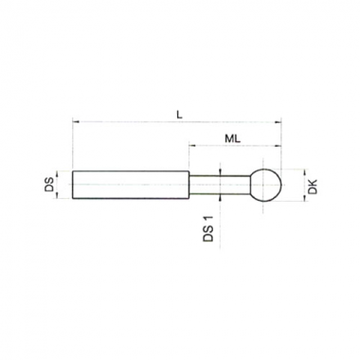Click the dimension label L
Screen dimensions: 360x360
click(x=179, y=115)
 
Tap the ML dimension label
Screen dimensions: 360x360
click(x=233, y=138)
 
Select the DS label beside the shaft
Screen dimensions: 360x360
click(x=49, y=185)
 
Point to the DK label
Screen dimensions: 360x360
click(x=313, y=186)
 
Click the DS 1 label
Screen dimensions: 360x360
click(x=208, y=229)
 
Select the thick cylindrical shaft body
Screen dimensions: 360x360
click(x=131, y=185)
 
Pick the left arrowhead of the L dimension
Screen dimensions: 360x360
click(x=76, y=121)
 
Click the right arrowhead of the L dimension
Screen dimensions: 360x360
click(x=278, y=122)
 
